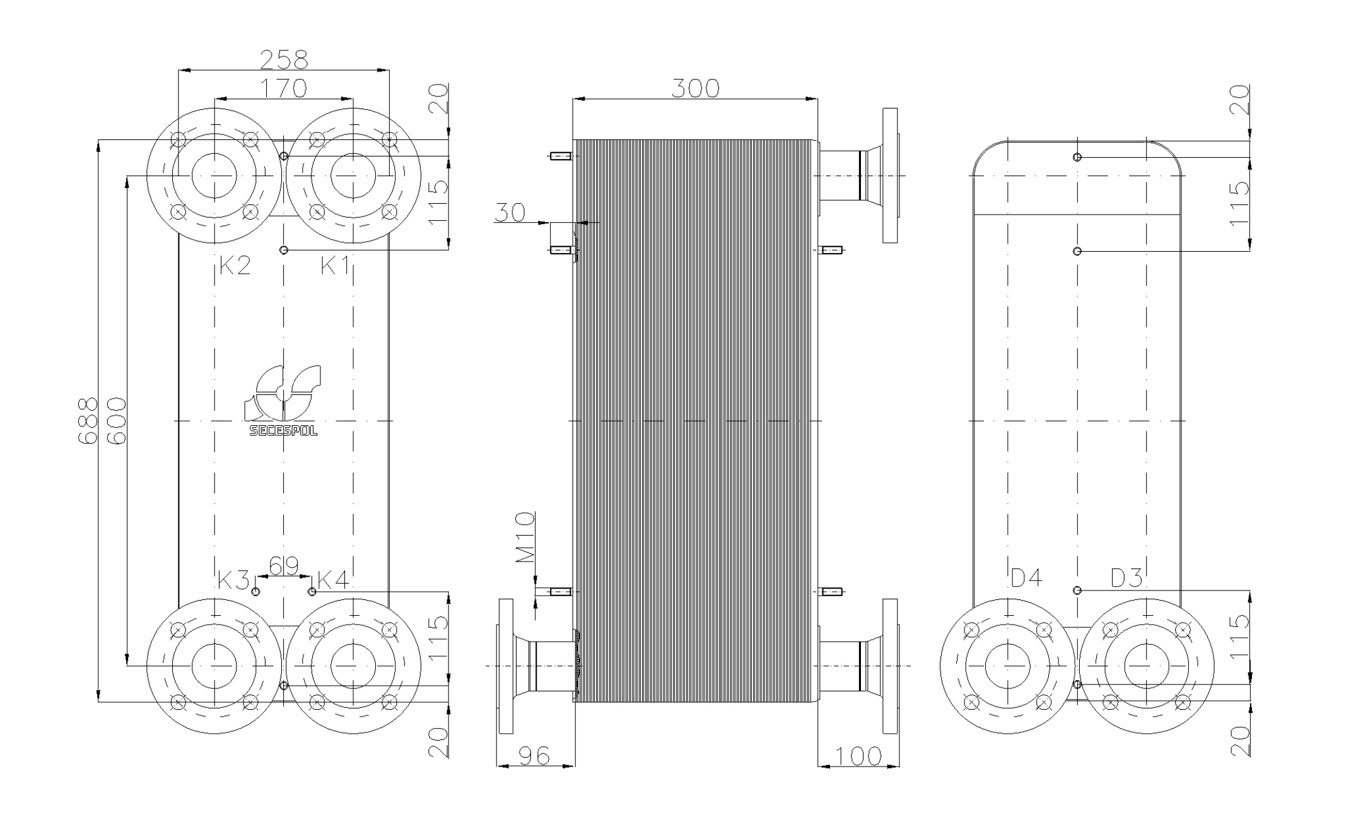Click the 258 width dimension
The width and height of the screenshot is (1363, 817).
coord(284,59)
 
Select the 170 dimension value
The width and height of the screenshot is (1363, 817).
coord(284,88)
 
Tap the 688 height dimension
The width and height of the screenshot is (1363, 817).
coord(87,421)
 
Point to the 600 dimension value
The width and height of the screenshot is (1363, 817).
coord(117,421)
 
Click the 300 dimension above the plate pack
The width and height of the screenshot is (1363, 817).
coord(695,88)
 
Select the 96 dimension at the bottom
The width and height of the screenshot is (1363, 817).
coord(534,755)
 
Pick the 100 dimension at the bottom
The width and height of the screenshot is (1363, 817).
coord(858,755)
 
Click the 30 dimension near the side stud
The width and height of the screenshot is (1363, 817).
coord(510,213)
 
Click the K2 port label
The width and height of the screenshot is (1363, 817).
coord(235,266)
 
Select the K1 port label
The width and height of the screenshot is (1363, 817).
coord(335,266)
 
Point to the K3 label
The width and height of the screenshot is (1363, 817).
coord(233,580)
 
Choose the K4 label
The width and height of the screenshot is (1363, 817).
coord(333,580)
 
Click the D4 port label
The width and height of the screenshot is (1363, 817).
coord(1026,577)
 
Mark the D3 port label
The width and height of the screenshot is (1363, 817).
coord(1126,577)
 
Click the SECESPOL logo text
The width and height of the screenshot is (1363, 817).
coord(284,432)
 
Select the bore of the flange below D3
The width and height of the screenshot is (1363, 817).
coord(1146,666)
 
